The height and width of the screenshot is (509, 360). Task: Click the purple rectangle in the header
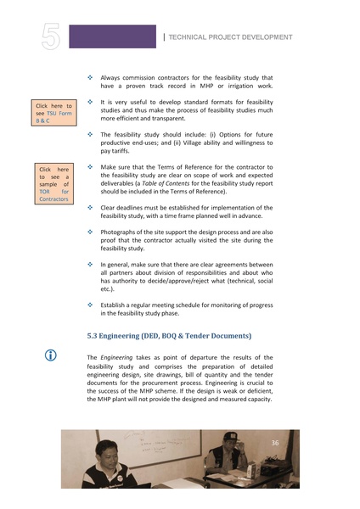(112, 36)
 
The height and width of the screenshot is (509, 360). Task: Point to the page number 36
(275, 443)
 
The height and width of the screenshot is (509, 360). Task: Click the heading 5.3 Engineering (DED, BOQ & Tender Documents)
(169, 336)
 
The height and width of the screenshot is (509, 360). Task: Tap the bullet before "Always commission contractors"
(91, 77)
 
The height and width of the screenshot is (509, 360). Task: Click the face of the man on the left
(108, 458)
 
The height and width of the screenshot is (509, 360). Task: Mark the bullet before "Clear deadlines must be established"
(91, 207)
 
